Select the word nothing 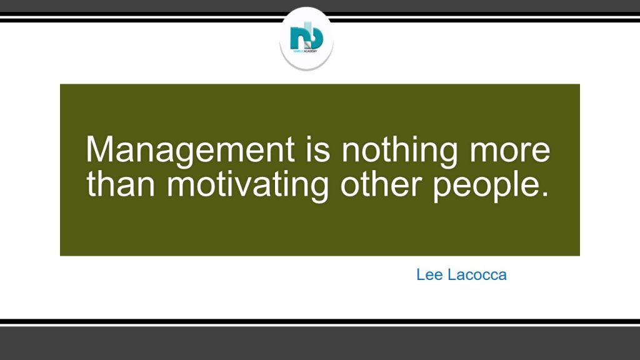click(x=399, y=151)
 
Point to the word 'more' click(x=510, y=152)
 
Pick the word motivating click(x=247, y=186)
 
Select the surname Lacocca click(x=477, y=275)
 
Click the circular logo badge click(x=306, y=39)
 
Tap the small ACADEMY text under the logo click(x=311, y=51)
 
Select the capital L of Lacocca click(x=451, y=275)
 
